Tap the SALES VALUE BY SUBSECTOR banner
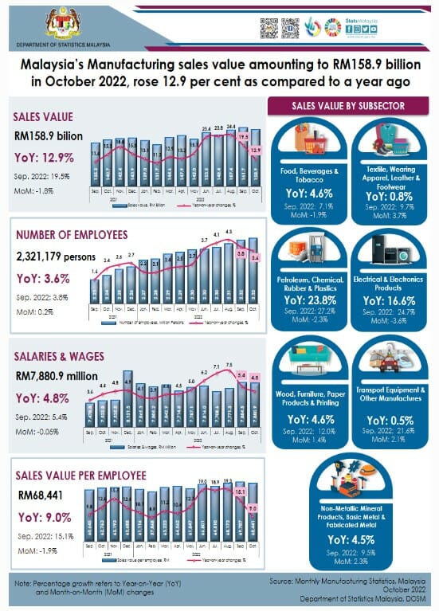(348, 106)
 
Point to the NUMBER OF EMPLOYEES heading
(71, 234)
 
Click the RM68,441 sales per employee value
(37, 494)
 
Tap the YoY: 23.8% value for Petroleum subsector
(309, 300)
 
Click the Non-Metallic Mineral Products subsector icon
(349, 478)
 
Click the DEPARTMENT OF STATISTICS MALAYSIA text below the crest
(60, 45)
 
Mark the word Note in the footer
(24, 585)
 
